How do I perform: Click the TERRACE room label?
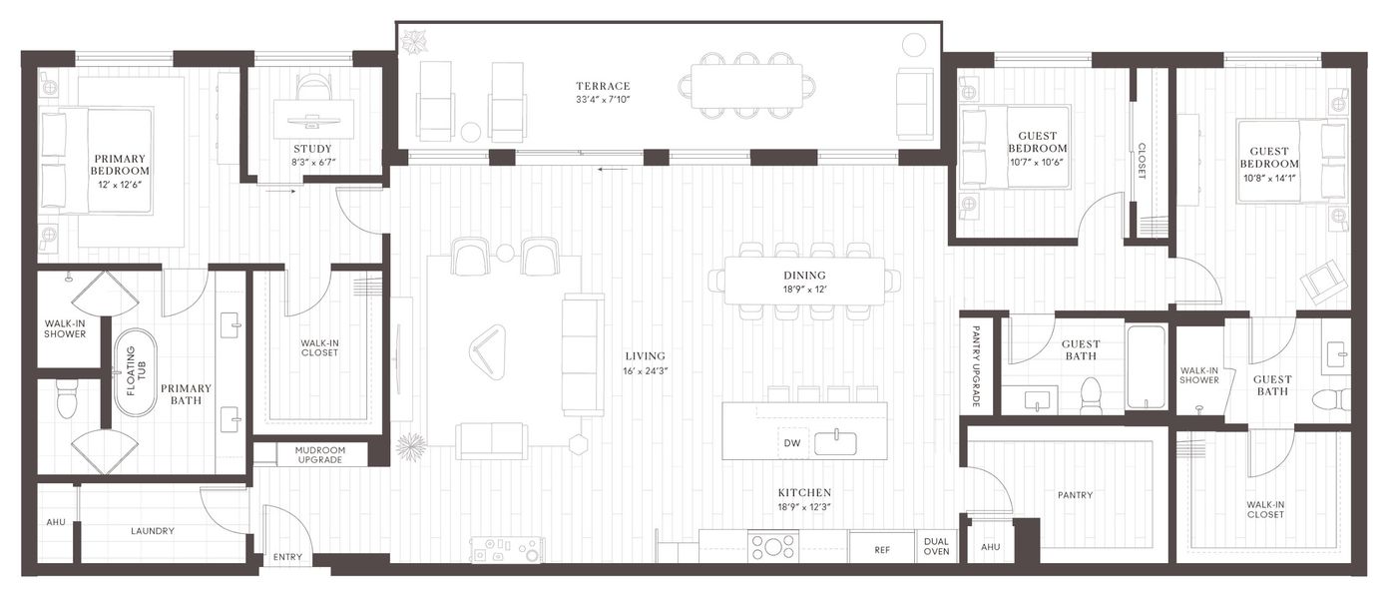tap(602, 86)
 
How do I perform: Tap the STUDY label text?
tap(312, 150)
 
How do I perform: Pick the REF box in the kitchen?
tap(881, 549)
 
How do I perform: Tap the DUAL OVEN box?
tap(937, 545)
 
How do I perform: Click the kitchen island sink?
tap(836, 442)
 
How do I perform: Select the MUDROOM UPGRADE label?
tap(319, 455)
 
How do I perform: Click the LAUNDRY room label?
tap(153, 531)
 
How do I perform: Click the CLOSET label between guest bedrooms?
tap(1142, 160)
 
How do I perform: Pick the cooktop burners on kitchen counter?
tap(773, 547)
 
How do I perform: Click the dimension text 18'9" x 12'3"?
tap(804, 507)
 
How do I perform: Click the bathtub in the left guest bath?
tap(1146, 366)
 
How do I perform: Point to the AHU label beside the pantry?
tap(990, 547)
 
